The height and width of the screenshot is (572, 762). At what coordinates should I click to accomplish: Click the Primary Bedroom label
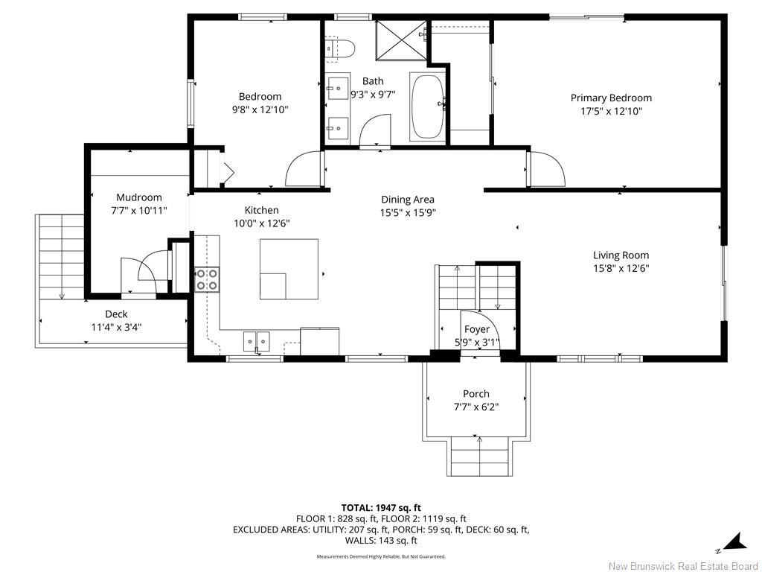coord(611,98)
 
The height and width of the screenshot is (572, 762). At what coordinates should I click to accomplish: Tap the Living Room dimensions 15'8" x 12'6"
coord(621,269)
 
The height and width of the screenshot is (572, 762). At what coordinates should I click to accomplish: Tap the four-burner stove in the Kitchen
coord(207,279)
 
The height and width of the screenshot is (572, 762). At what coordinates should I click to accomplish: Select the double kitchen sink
coord(257,341)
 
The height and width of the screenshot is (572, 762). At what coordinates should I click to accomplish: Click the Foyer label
coord(477,329)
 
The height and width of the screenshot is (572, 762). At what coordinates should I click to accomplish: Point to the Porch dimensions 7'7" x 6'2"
coord(476,407)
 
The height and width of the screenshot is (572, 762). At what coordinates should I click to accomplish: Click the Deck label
coord(116,314)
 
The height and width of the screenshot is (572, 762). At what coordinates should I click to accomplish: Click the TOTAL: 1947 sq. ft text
coord(381,507)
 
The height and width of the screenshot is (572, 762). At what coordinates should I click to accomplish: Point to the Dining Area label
coord(407,200)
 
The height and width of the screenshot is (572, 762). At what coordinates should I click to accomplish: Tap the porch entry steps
coord(479,456)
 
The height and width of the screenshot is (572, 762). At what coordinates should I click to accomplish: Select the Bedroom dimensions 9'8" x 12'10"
coord(260,109)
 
